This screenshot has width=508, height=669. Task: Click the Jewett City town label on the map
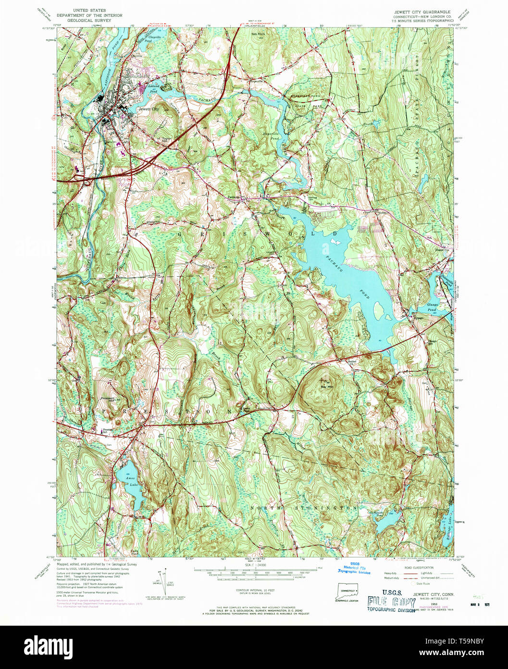pos(148,109)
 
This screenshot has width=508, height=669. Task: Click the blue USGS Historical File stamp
pos(354,568)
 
